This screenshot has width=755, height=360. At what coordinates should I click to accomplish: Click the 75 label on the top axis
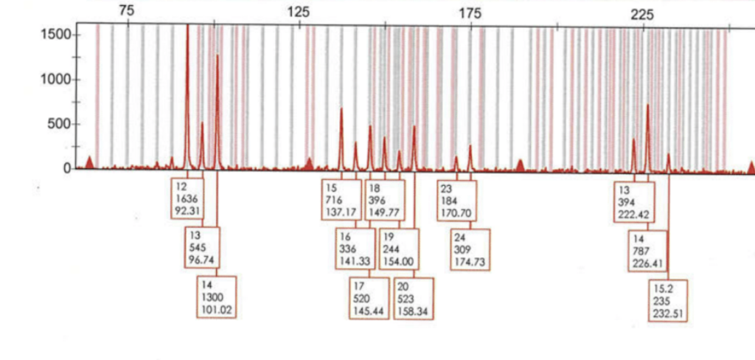127,11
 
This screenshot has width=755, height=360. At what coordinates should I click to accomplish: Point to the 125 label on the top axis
299,11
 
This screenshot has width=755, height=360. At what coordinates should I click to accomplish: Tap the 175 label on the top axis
470,11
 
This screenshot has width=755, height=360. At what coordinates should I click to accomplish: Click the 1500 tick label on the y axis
58,35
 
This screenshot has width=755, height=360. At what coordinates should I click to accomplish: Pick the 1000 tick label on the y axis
58,80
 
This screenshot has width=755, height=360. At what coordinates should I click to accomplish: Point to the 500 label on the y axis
61,124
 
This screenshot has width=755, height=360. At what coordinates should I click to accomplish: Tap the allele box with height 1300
217,297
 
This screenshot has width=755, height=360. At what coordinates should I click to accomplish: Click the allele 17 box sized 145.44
369,298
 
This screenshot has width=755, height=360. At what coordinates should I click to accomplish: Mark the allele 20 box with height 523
414,298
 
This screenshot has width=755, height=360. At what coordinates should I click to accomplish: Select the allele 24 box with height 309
470,249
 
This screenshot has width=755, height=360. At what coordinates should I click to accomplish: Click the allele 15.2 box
668,300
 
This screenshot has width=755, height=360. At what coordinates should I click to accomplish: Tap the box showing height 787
647,251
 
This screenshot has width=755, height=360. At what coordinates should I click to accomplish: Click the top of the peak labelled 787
648,105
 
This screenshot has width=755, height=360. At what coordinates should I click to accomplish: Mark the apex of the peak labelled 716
341,109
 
